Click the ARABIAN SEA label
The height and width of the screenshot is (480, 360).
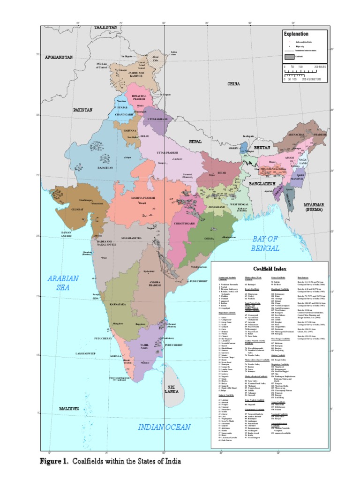63,283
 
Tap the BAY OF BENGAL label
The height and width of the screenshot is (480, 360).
265,243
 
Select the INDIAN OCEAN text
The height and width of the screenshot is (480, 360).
164,427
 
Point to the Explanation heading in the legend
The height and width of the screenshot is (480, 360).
295,34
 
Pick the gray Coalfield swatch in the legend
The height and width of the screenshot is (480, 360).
289,57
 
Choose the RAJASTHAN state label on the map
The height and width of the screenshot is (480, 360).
105,167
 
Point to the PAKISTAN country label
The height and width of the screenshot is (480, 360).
82,110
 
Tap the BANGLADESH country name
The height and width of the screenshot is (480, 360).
264,183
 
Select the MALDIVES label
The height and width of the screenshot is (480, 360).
68,409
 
